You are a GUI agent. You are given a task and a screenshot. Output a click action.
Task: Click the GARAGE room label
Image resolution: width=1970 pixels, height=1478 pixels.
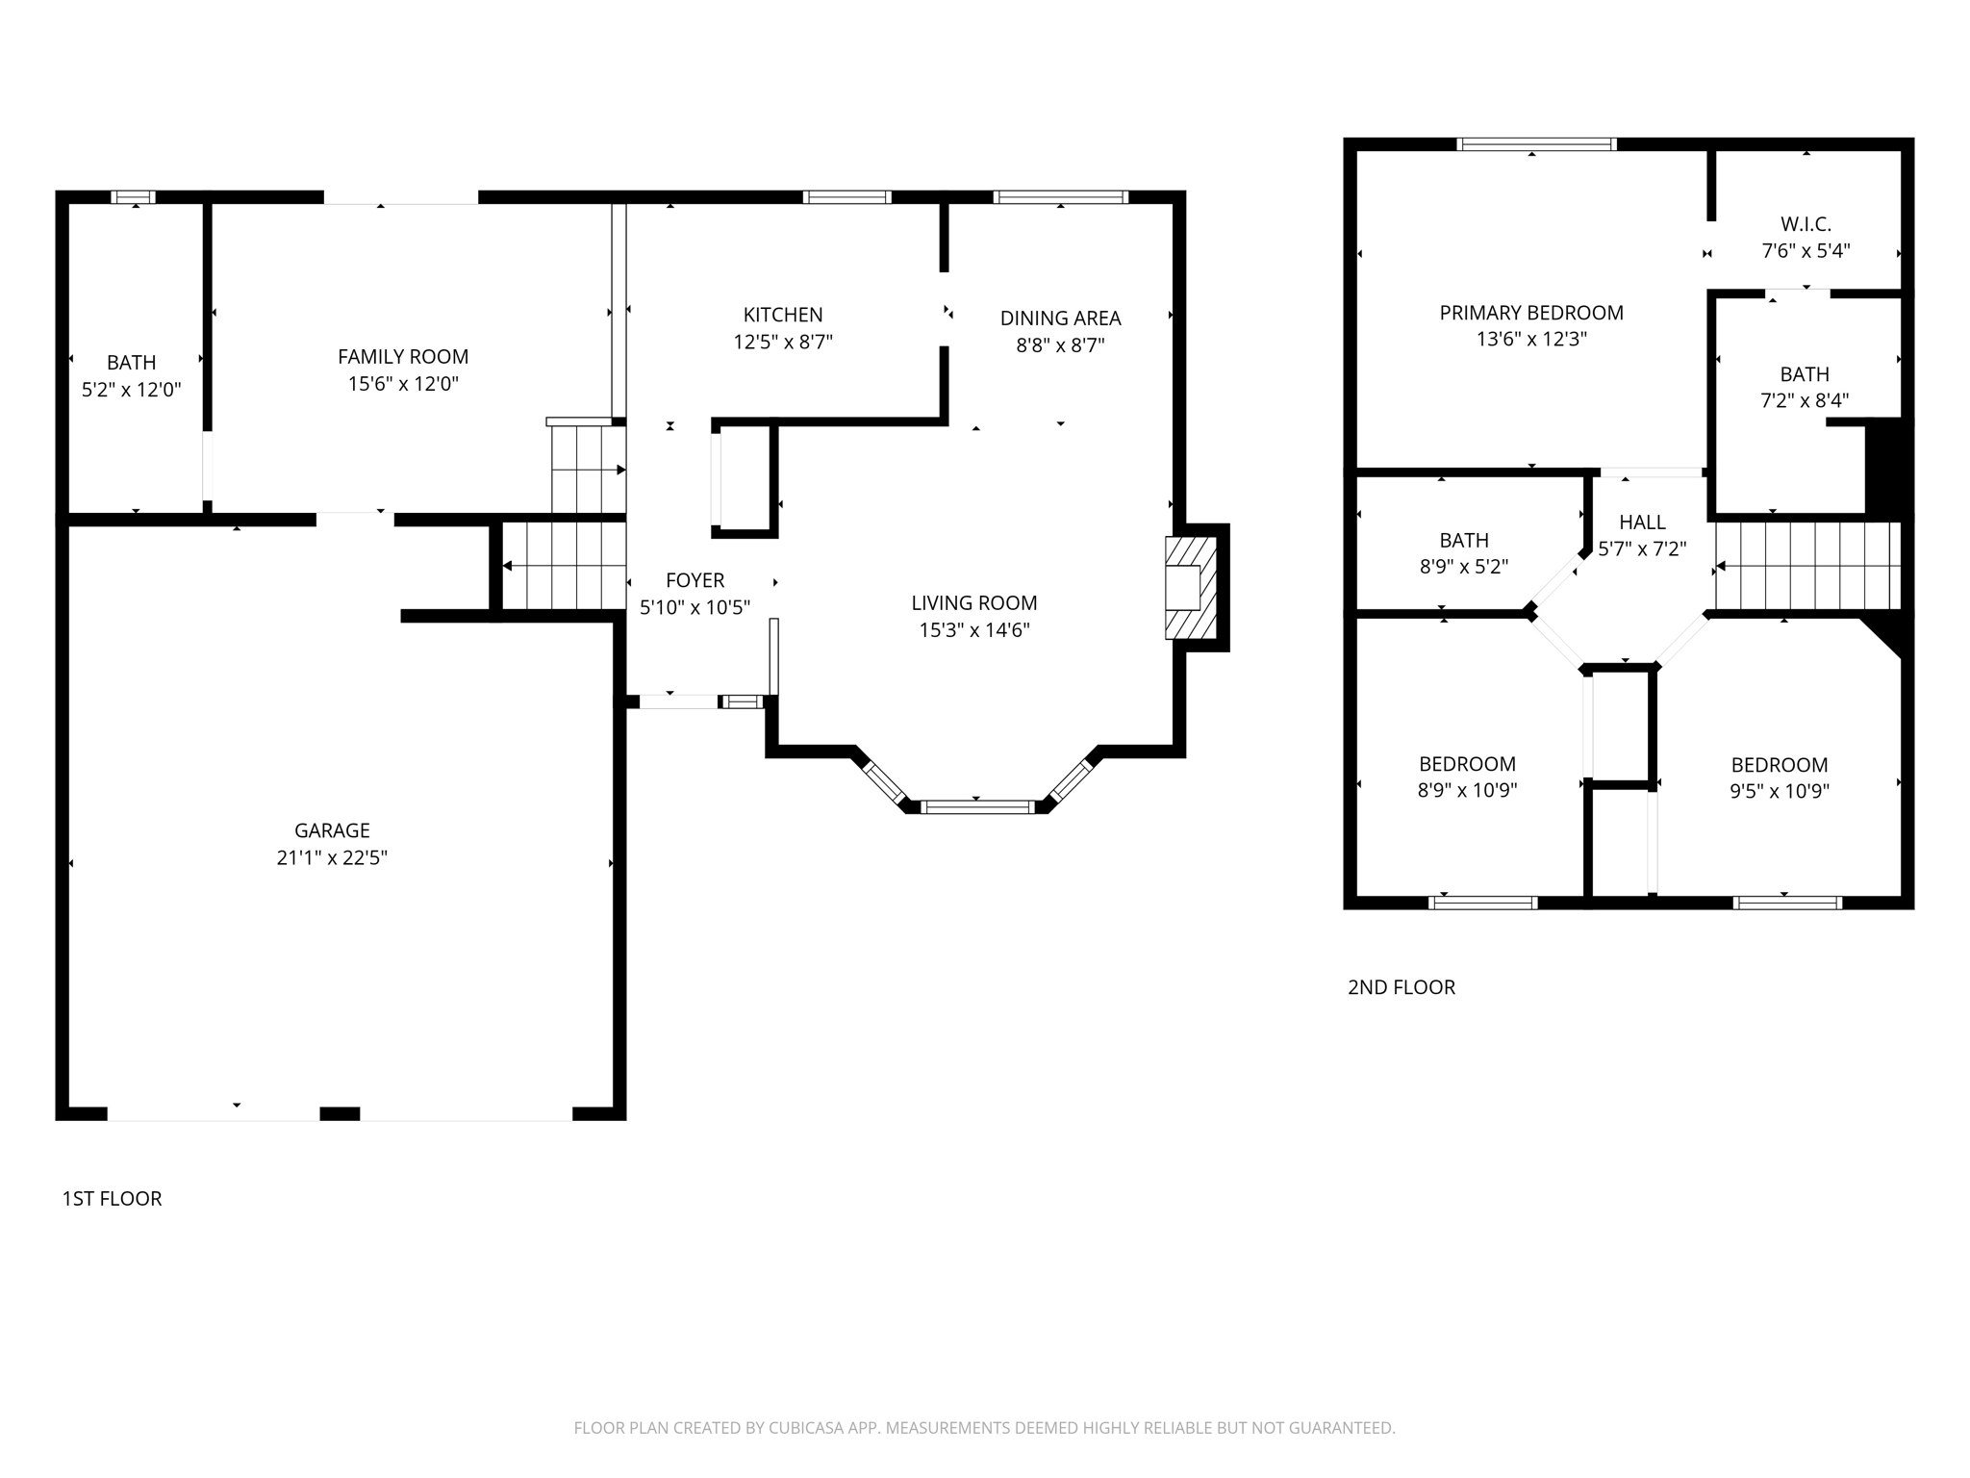pyautogui.click(x=332, y=830)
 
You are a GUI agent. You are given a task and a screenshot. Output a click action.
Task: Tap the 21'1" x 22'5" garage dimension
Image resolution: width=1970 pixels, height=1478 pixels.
pyautogui.click(x=332, y=857)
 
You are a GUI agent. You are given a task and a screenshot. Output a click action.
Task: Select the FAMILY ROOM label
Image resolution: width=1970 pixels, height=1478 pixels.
pyautogui.click(x=403, y=357)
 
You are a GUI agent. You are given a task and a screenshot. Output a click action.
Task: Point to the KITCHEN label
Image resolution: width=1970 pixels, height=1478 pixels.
pyautogui.click(x=783, y=315)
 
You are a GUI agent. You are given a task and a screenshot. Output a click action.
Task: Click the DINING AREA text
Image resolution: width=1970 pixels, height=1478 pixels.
pyautogui.click(x=1060, y=319)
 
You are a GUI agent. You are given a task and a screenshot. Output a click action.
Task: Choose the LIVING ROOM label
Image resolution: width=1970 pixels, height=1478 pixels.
pyautogui.click(x=974, y=603)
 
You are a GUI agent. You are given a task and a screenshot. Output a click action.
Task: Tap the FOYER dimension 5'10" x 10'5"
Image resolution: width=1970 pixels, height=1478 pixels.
pyautogui.click(x=695, y=607)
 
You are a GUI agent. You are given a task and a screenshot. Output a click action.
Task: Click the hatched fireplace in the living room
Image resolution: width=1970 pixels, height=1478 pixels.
pyautogui.click(x=1191, y=588)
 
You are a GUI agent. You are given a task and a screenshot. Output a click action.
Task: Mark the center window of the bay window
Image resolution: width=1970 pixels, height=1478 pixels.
pyautogui.click(x=977, y=806)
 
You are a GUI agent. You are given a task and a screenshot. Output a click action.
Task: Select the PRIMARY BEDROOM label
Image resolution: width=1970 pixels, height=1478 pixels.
pyautogui.click(x=1531, y=313)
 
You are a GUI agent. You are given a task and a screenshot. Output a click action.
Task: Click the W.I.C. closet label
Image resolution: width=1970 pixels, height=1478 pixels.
pyautogui.click(x=1806, y=224)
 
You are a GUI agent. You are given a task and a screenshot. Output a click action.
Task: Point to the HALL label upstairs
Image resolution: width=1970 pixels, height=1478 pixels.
pyautogui.click(x=1642, y=522)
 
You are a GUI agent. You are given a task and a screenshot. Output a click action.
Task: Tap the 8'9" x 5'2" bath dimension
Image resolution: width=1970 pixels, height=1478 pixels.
pyautogui.click(x=1464, y=567)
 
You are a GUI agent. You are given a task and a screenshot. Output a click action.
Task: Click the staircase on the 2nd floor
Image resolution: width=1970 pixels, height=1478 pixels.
pyautogui.click(x=1808, y=566)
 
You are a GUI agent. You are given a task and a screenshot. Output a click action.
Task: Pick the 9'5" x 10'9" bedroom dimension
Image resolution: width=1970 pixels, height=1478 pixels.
pyautogui.click(x=1779, y=791)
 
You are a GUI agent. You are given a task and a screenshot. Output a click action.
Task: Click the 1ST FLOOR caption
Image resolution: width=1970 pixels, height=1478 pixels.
pyautogui.click(x=112, y=1198)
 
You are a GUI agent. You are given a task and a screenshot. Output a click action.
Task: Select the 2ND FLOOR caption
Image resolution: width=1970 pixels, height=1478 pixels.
pyautogui.click(x=1401, y=986)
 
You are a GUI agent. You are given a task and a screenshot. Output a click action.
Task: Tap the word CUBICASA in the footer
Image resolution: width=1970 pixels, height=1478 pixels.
pyautogui.click(x=805, y=1428)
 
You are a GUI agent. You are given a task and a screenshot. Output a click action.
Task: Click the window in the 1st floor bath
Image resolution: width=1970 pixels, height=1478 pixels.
pyautogui.click(x=133, y=197)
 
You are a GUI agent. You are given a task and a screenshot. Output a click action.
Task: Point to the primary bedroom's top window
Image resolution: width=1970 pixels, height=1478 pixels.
pyautogui.click(x=1536, y=144)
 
